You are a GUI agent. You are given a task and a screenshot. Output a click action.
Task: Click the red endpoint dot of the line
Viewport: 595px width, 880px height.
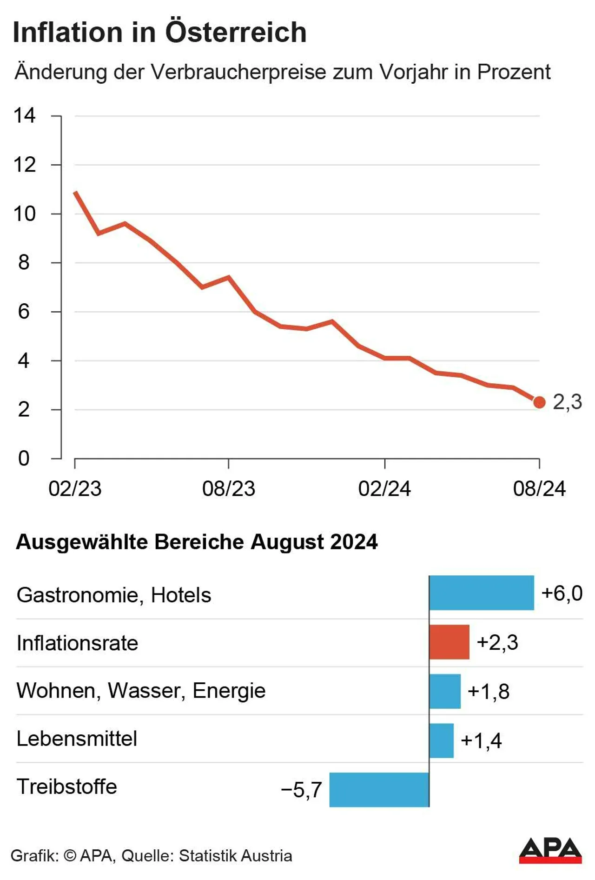click(x=539, y=402)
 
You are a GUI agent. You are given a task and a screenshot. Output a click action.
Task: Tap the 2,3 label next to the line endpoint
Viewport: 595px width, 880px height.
click(x=567, y=401)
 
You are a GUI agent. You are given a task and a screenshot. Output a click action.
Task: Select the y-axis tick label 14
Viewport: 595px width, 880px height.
click(x=24, y=115)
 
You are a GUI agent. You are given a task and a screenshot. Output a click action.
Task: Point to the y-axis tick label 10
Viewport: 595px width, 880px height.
click(x=24, y=214)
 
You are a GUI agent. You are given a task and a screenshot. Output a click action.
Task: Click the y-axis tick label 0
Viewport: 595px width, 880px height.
click(x=24, y=459)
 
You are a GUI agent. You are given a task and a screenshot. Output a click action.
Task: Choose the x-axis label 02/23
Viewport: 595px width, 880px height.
click(x=75, y=489)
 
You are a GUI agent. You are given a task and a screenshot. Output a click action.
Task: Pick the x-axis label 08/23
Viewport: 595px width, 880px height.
click(x=229, y=489)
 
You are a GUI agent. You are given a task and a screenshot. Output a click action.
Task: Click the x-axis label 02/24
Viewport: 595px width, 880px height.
click(x=384, y=489)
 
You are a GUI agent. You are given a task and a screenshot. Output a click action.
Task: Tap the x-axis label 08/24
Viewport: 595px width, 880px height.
click(x=539, y=489)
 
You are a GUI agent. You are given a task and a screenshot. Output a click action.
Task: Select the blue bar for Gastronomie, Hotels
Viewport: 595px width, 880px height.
click(x=482, y=593)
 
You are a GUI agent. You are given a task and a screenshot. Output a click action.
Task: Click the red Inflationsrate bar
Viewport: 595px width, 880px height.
click(x=449, y=642)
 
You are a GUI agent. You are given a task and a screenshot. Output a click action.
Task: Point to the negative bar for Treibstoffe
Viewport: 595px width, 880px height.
click(x=379, y=790)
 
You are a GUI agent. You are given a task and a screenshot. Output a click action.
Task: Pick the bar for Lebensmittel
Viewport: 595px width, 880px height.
click(x=441, y=740)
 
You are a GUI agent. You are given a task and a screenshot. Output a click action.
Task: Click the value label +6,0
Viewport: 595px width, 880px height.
click(x=562, y=593)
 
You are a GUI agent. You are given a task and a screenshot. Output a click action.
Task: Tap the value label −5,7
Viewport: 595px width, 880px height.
click(x=301, y=790)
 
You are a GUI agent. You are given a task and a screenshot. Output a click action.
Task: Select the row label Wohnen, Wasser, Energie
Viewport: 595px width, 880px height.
click(x=141, y=691)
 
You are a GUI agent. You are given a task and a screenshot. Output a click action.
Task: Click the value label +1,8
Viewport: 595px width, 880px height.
click(x=488, y=692)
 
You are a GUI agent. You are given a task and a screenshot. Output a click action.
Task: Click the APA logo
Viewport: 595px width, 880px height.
click(x=550, y=851)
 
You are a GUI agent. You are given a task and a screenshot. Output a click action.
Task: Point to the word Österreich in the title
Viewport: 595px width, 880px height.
click(x=236, y=32)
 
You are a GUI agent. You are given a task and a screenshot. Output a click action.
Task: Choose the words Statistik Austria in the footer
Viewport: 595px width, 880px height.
click(x=235, y=856)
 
